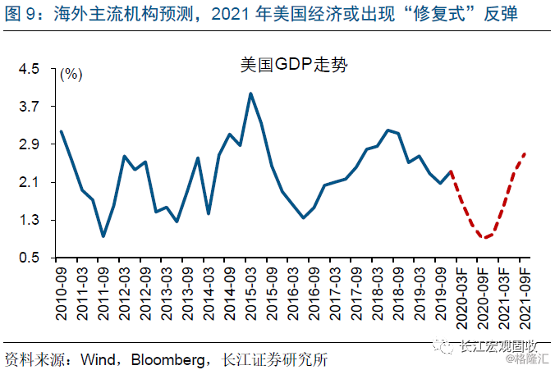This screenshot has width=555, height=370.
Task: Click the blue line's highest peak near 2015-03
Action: point(250,94)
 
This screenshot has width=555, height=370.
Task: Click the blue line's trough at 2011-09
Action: point(103,236)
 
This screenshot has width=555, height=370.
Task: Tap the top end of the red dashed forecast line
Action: point(525,153)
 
